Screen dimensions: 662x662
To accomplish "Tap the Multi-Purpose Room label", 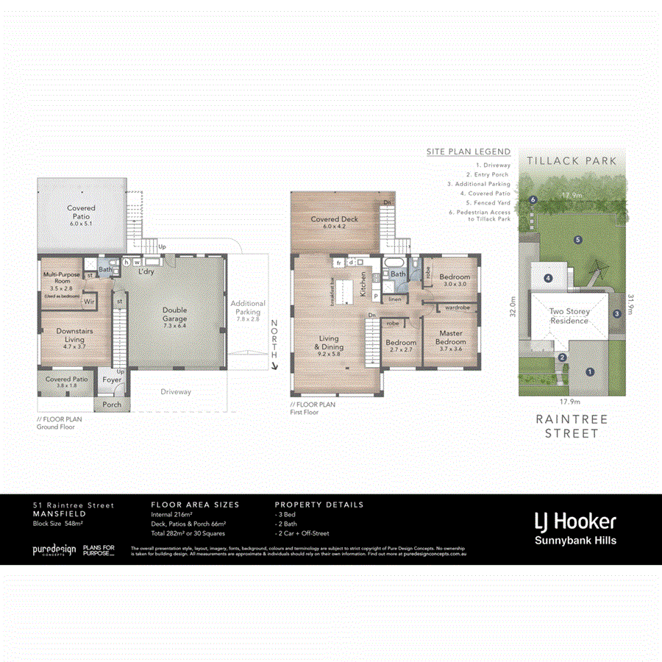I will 57,276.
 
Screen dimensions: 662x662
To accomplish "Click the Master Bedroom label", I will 450,338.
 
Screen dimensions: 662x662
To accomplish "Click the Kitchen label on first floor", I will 363,284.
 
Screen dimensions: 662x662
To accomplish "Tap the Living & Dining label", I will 328,344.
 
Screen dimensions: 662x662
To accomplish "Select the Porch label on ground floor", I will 112,405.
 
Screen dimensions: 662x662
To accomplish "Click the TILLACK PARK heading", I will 571,160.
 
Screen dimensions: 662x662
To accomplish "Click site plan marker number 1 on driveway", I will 589,372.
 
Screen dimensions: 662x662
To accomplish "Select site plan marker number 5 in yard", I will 578,240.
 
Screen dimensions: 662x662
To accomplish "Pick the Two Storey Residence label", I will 569,316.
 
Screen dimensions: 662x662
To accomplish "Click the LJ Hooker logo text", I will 574,522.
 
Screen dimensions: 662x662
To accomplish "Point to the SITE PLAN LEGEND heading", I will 468,152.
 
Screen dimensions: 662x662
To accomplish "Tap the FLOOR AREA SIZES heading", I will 195,505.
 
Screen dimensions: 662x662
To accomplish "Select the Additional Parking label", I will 248,307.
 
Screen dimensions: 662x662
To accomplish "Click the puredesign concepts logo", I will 53,549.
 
